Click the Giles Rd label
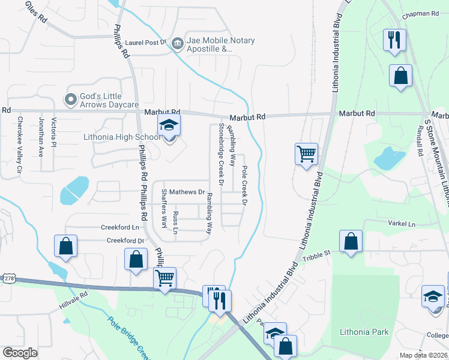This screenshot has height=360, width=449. [36, 11]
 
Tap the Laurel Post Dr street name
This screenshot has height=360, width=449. [145, 43]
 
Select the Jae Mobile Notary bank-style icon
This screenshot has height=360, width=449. [177, 43]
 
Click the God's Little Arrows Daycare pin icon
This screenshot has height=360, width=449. [71, 99]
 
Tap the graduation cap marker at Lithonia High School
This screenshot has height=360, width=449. [169, 127]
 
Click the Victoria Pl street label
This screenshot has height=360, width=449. [53, 136]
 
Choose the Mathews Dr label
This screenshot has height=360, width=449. [187, 192]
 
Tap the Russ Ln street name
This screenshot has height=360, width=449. [175, 222]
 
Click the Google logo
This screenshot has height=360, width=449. [20, 353]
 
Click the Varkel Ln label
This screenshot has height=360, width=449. [403, 224]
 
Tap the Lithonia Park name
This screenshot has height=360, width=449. [364, 332]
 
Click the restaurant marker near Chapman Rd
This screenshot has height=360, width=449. [394, 41]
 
